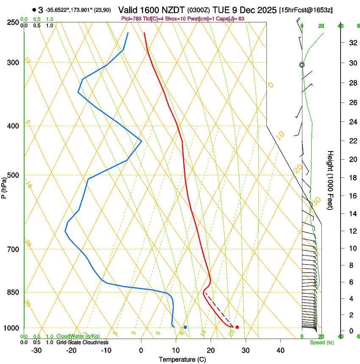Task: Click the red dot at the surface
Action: pyautogui.click(x=237, y=327)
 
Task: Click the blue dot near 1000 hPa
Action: pyautogui.click(x=186, y=327)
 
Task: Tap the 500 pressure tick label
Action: pyautogui.click(x=13, y=175)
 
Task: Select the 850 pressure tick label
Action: pyautogui.click(x=13, y=292)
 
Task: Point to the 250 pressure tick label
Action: pyautogui.click(x=13, y=22)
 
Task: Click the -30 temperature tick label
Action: pyautogui.click(x=36, y=350)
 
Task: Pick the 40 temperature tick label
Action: pyautogui.click(x=280, y=350)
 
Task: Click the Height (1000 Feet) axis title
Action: pyautogui.click(x=330, y=180)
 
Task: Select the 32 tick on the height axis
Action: pyautogui.click(x=352, y=42)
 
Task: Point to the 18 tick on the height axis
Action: pyautogui.click(x=352, y=177)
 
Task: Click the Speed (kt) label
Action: pyautogui.click(x=322, y=342)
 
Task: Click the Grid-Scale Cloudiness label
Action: pyautogui.click(x=82, y=342)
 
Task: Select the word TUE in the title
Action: pyautogui.click(x=221, y=10)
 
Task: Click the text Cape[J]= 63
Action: pyautogui.click(x=231, y=19)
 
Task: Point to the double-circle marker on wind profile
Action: pyautogui.click(x=302, y=65)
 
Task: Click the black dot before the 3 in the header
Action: pyautogui.click(x=34, y=10)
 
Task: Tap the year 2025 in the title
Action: pyautogui.click(x=266, y=10)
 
